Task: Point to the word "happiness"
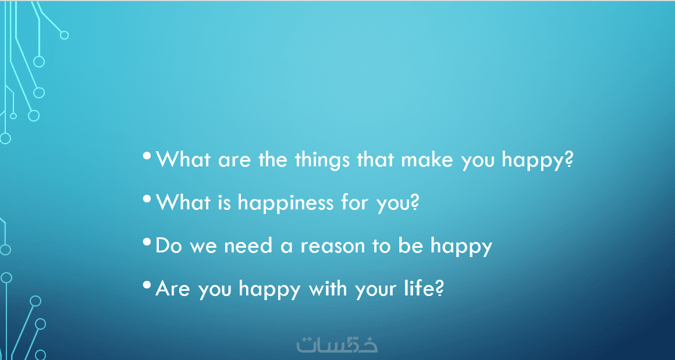[285, 203]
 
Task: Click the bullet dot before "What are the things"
[147, 155]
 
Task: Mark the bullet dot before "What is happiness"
[147, 199]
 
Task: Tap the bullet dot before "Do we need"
[147, 241]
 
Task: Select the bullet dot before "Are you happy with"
[147, 284]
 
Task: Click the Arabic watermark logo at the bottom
[337, 344]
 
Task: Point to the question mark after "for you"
[414, 202]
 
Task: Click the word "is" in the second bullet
[224, 202]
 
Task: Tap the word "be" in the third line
[411, 245]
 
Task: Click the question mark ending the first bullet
[569, 159]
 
